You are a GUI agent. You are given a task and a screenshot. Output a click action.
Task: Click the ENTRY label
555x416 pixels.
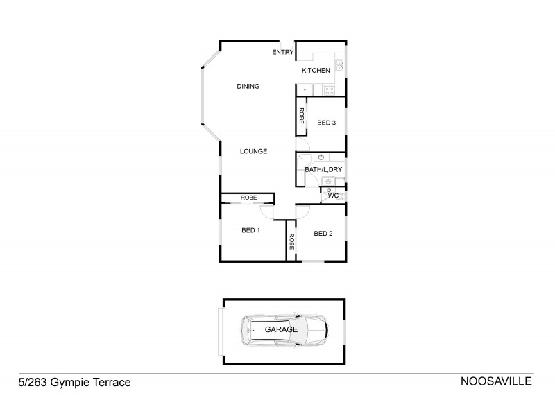tap(283, 53)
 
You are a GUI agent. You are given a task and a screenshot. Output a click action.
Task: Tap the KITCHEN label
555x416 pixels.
tap(316, 71)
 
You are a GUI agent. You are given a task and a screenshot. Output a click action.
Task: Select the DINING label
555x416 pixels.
tap(248, 87)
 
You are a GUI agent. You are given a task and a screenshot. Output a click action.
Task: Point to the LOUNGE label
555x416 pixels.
tap(253, 151)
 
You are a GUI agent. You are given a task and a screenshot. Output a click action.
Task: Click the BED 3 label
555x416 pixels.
tap(327, 123)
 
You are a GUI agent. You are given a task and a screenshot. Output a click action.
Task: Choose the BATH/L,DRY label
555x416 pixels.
tap(324, 170)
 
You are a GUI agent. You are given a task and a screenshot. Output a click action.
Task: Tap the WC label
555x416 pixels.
tap(333, 196)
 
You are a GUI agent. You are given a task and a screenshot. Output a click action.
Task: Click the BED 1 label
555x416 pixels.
tap(250, 231)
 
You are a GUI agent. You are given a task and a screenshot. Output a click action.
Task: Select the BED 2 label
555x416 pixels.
tap(323, 234)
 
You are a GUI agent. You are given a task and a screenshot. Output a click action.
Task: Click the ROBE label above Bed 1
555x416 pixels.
tap(248, 198)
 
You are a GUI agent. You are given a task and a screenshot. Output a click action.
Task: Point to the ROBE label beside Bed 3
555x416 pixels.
tap(302, 116)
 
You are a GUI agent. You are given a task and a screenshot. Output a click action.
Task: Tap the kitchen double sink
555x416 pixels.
tap(340, 66)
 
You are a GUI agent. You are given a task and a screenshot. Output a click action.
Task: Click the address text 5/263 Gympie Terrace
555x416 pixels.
tap(74, 382)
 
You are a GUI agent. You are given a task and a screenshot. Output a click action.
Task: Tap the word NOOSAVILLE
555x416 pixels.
tap(496, 382)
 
